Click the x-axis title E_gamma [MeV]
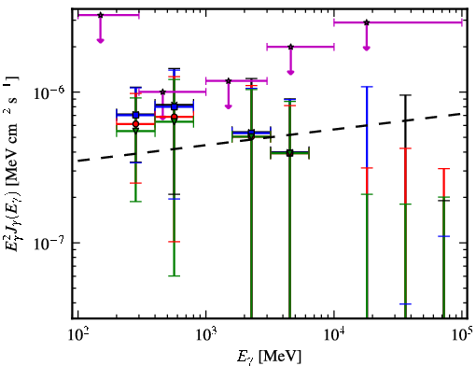(269, 357)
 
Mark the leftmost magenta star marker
(100, 15)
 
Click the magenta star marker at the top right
(367, 22)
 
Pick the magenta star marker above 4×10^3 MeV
(290, 47)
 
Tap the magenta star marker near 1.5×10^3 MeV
(229, 81)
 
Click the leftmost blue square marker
(135, 115)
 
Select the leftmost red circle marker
(135, 124)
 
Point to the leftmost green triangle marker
(135, 131)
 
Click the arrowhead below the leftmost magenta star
(100, 40)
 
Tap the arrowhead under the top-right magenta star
(367, 48)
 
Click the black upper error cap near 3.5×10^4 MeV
(405, 95)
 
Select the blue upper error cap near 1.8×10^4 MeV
(367, 87)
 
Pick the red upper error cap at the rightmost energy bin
(443, 169)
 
